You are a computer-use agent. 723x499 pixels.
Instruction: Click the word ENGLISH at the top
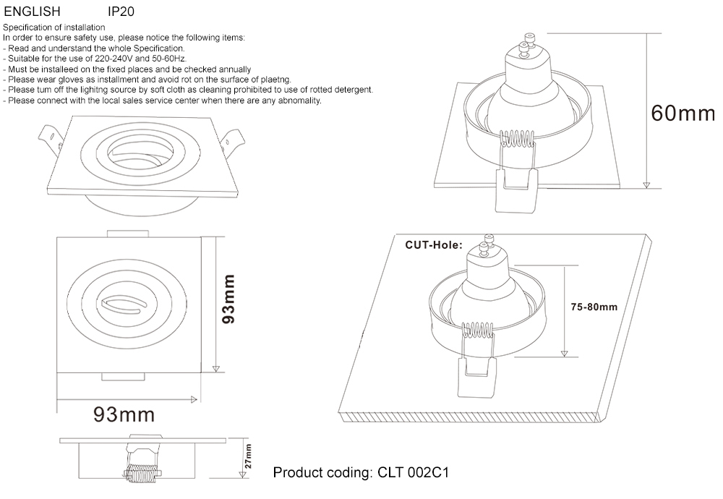(33, 12)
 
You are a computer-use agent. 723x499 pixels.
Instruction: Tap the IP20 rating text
(120, 12)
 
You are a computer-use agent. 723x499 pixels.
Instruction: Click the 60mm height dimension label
(682, 114)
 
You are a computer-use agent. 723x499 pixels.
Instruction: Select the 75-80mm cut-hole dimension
(594, 307)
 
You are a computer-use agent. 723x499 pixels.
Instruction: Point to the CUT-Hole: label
(433, 245)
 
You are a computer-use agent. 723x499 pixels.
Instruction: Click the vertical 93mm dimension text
(228, 299)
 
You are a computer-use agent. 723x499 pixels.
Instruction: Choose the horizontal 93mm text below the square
(124, 414)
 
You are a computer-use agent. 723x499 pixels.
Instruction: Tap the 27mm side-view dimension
(248, 458)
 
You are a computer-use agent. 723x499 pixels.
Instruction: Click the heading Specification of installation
(54, 27)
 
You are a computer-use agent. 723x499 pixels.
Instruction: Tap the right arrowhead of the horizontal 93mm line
(194, 398)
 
